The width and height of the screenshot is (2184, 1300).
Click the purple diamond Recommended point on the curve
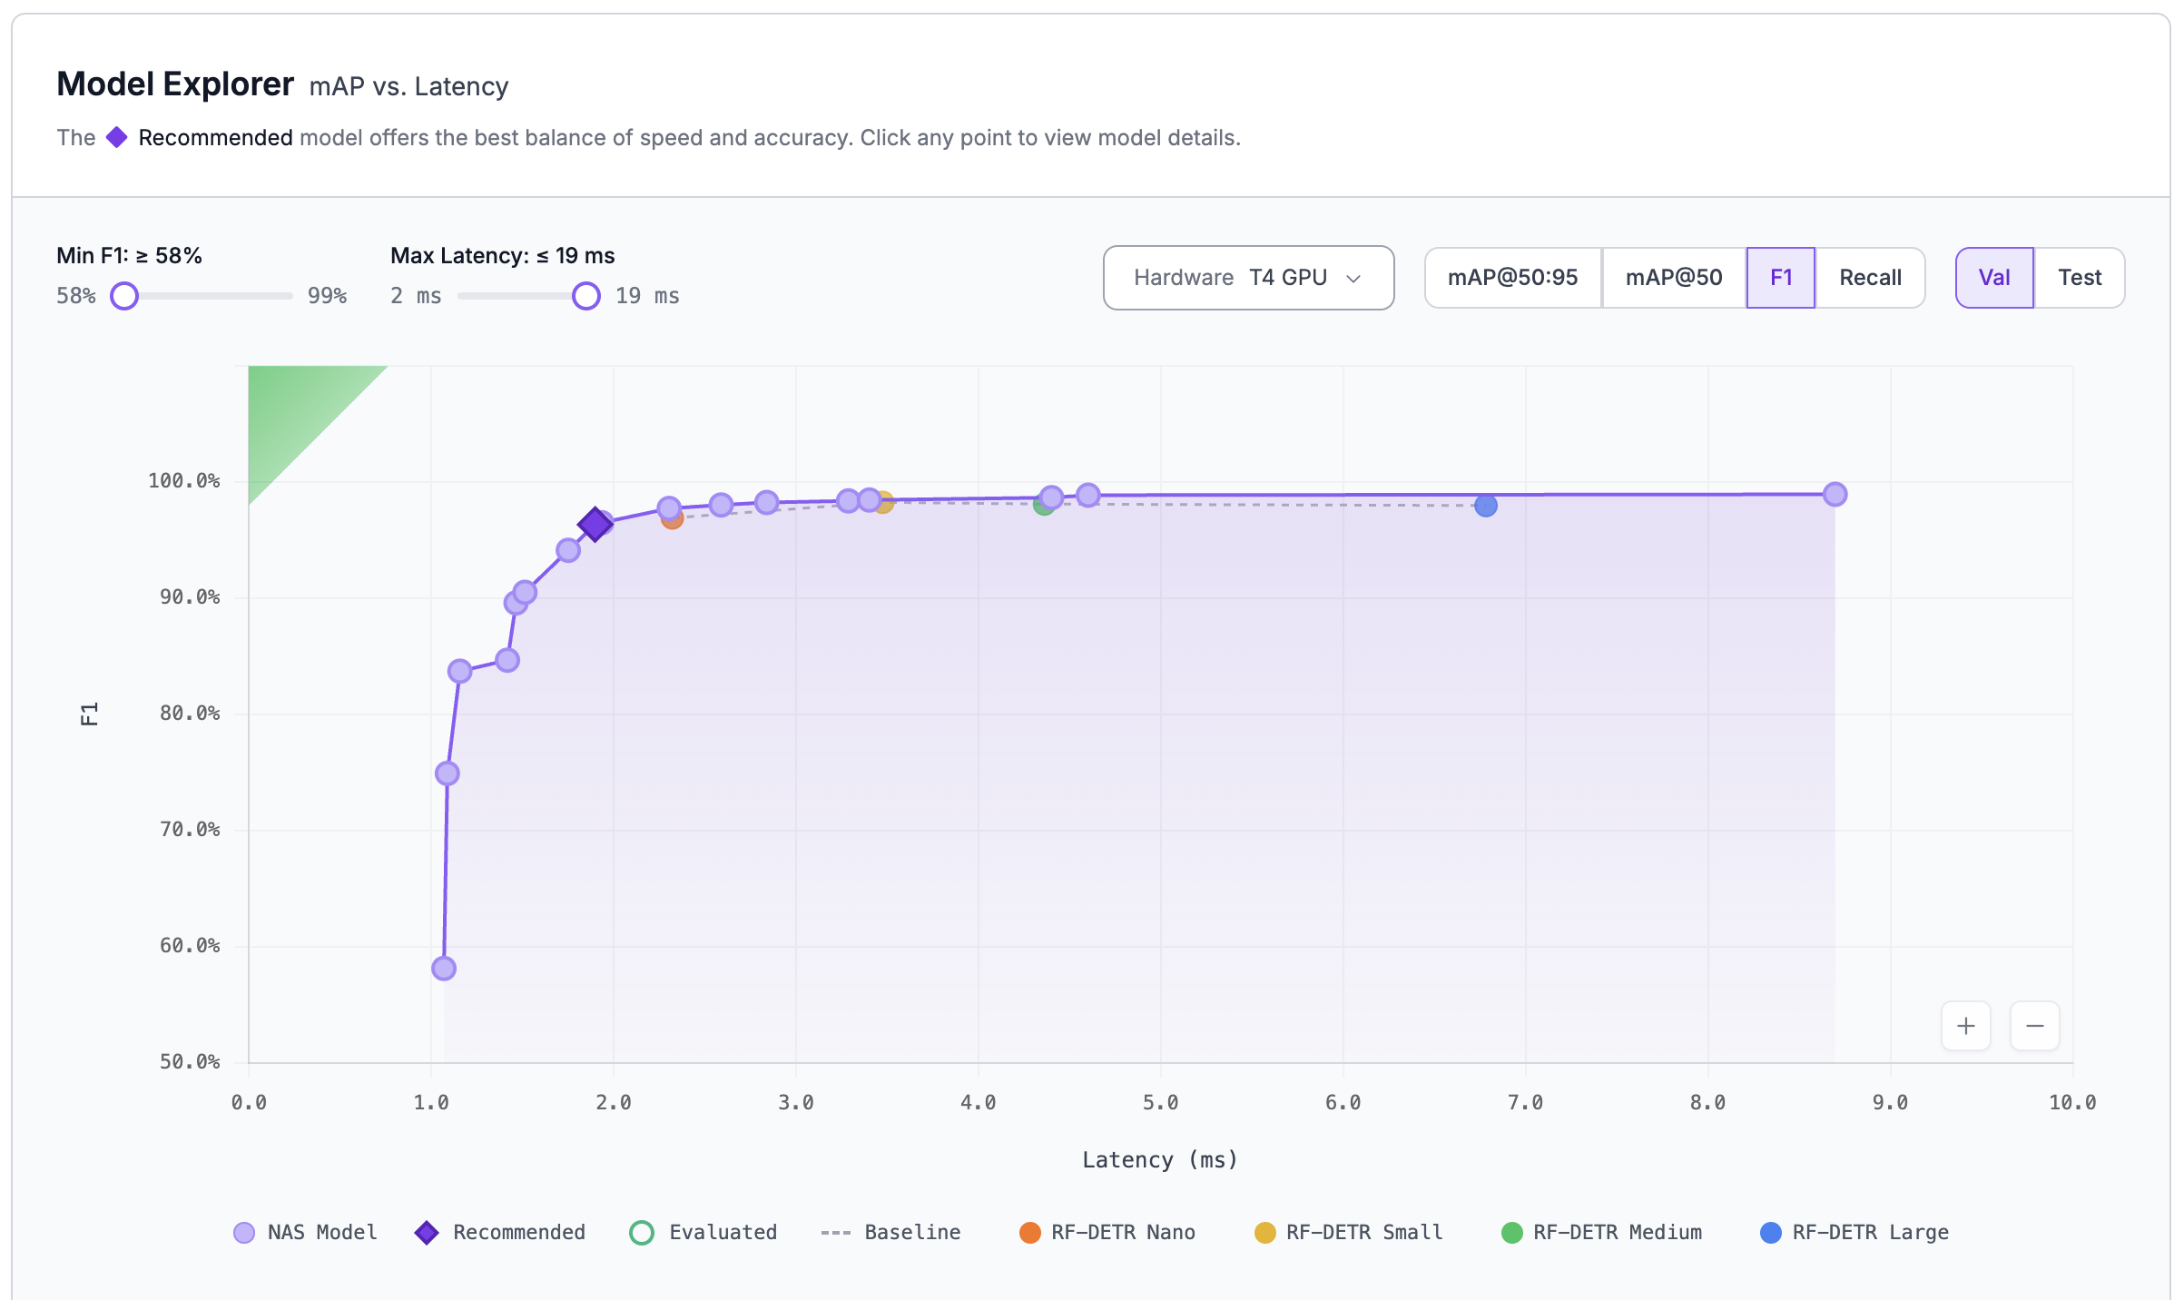pyautogui.click(x=595, y=524)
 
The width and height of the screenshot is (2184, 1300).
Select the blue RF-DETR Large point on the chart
pyautogui.click(x=1486, y=506)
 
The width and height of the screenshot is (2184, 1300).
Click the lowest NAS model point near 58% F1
pyautogui.click(x=444, y=968)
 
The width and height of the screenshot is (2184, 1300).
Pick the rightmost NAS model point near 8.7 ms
pyautogui.click(x=1835, y=494)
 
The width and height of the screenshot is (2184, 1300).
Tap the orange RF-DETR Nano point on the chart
pyautogui.click(x=673, y=519)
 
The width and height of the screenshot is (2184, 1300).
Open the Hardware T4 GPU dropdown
pyautogui.click(x=1248, y=278)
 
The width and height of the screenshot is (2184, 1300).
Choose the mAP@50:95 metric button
pyautogui.click(x=1512, y=278)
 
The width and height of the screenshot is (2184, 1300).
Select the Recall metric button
pyautogui.click(x=1870, y=278)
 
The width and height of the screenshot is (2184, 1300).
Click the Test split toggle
pyautogui.click(x=2079, y=278)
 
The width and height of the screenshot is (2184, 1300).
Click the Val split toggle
pyautogui.click(x=1994, y=278)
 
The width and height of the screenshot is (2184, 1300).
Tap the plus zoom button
pyautogui.click(x=1965, y=1026)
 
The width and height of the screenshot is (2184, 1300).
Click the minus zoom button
pyautogui.click(x=2034, y=1026)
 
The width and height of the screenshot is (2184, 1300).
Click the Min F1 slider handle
pyautogui.click(x=124, y=296)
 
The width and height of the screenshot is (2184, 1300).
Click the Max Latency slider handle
pyautogui.click(x=586, y=296)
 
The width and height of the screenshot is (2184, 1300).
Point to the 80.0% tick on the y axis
pyautogui.click(x=190, y=714)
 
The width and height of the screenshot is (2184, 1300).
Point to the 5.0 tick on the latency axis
pyautogui.click(x=1160, y=1103)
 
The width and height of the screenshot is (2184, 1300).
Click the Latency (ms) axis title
pyautogui.click(x=1159, y=1160)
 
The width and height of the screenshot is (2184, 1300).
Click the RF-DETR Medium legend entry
pyautogui.click(x=1602, y=1233)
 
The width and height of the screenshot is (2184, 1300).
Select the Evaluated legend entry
pyautogui.click(x=703, y=1233)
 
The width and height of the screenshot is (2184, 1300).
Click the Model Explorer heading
pyautogui.click(x=175, y=84)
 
